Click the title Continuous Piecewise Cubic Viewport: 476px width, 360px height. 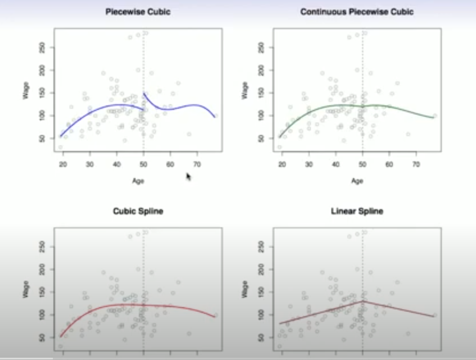point(357,11)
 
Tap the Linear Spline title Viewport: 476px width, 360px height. point(357,211)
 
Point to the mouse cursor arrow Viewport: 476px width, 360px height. point(188,176)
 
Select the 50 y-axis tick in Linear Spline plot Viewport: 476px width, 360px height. point(261,338)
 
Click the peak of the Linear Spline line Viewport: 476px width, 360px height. point(363,301)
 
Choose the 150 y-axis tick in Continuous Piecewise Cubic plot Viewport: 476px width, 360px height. point(261,93)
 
